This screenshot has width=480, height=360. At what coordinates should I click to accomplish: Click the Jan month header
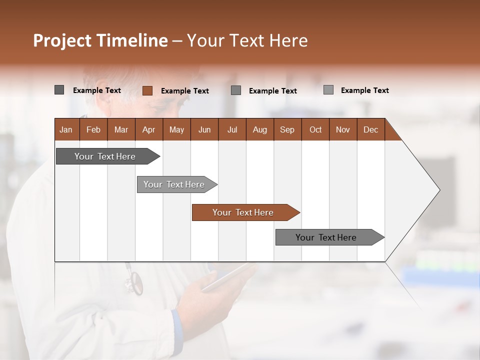point(66,129)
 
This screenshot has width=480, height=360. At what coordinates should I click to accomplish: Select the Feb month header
point(93,129)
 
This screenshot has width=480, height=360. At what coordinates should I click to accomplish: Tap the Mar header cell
point(121,129)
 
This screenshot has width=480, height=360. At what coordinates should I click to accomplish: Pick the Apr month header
point(148,129)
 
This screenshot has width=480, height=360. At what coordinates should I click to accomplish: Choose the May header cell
point(176,129)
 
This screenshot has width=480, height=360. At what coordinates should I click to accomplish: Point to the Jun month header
point(204,129)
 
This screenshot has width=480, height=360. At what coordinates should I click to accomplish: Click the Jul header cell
point(232,129)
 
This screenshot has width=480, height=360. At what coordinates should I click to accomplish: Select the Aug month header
point(259,129)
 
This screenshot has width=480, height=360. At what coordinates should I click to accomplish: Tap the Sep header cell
point(287,129)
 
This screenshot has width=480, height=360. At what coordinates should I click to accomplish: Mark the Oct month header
point(315,129)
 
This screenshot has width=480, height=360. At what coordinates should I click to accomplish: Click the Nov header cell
point(343,129)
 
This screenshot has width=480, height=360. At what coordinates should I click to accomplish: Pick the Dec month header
point(370,129)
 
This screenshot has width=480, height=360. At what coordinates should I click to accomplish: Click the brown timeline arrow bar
point(245,212)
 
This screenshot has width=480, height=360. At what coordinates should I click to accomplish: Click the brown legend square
point(147,90)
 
